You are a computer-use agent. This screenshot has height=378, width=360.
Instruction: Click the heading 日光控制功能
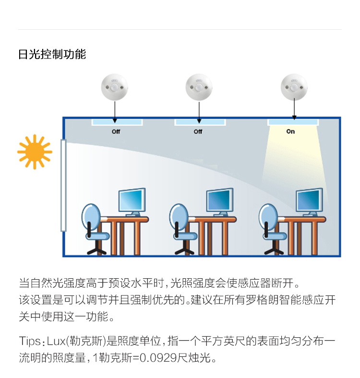[x=52, y=54]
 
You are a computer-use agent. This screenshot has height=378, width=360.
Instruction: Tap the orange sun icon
[x=35, y=152]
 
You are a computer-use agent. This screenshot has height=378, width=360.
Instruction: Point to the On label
[x=291, y=131]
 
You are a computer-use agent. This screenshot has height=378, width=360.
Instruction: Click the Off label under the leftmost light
[x=116, y=131]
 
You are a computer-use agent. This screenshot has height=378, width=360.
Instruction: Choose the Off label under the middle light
[x=198, y=131]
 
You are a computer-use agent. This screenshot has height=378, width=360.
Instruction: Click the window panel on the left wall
[x=63, y=185]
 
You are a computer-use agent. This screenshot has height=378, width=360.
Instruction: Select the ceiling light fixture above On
[x=293, y=122]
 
